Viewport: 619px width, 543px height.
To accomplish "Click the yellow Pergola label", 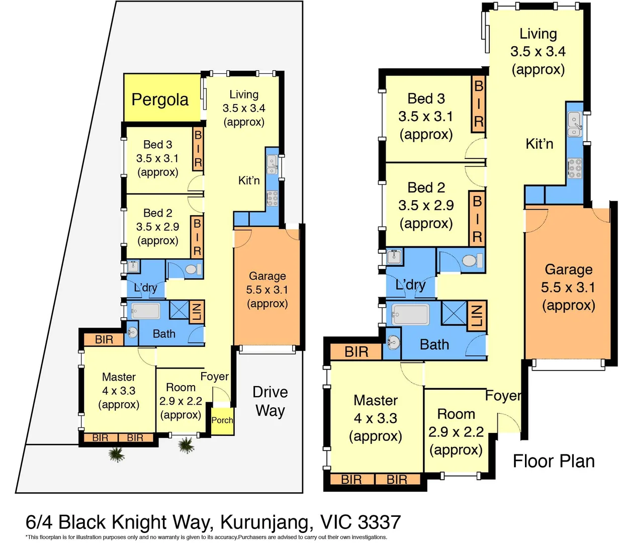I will [x=160, y=100].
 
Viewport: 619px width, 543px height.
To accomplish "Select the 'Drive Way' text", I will [x=270, y=401].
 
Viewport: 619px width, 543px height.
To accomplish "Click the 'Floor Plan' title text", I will [x=554, y=461].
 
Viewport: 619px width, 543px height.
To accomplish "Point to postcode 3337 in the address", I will [x=379, y=522].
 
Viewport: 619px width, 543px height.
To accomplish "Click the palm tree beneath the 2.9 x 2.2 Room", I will [x=187, y=445].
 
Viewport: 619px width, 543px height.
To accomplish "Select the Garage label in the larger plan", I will [x=569, y=269].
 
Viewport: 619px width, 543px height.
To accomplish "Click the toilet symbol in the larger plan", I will [x=470, y=260].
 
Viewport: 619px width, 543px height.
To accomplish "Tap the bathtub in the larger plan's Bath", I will [x=411, y=315].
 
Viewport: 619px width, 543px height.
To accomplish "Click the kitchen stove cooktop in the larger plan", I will [x=575, y=169].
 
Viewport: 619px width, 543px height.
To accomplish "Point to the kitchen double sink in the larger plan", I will [x=574, y=124].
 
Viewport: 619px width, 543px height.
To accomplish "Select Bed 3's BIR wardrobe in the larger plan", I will [x=478, y=104].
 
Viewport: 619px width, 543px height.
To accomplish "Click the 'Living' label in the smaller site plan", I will [x=244, y=95].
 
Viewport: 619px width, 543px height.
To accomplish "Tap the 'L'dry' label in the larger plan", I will [x=410, y=285].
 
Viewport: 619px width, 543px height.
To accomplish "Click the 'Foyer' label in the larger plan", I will [x=503, y=396].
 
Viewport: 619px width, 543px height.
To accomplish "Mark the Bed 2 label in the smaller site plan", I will [x=157, y=213].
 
